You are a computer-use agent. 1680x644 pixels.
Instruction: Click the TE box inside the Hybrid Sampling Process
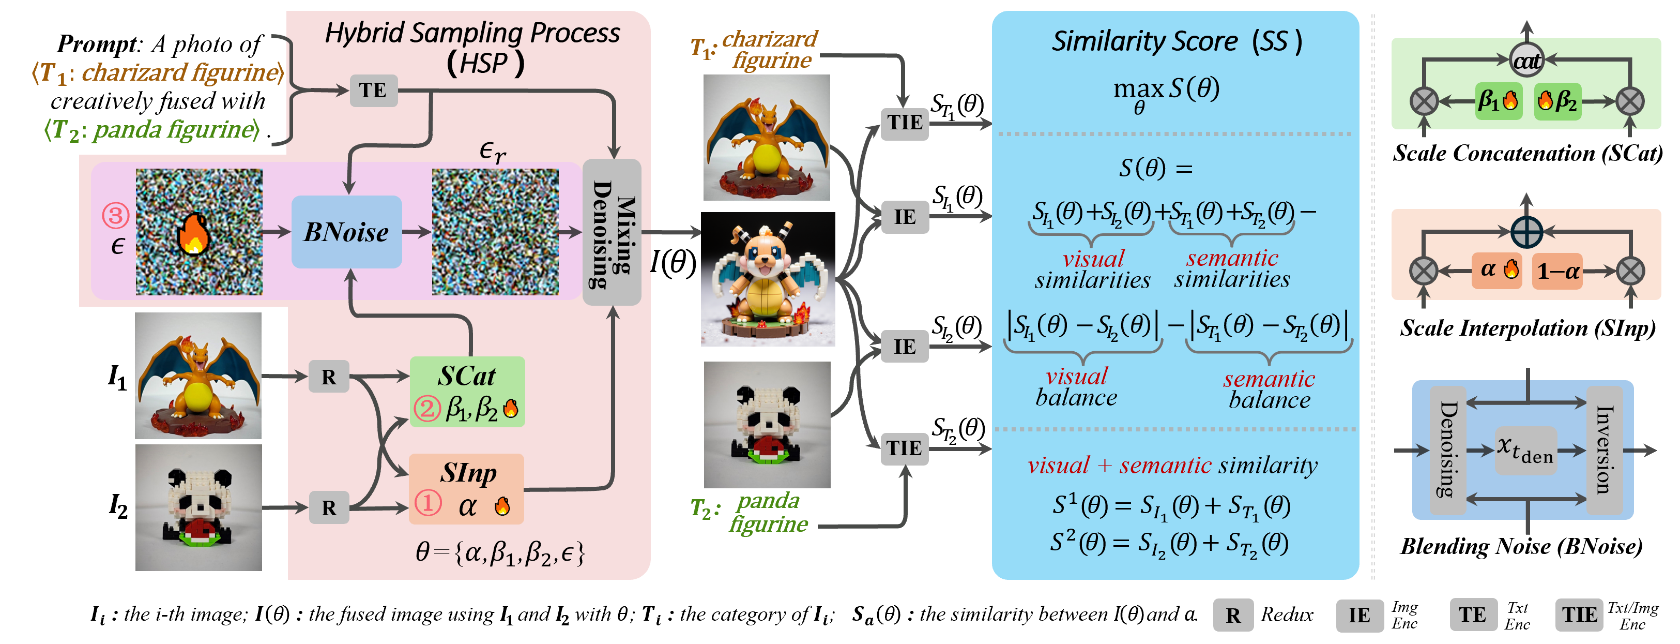click(373, 90)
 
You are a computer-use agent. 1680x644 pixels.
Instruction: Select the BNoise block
click(346, 232)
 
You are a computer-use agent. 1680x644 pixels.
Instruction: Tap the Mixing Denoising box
click(612, 232)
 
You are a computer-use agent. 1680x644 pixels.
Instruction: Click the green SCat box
click(467, 392)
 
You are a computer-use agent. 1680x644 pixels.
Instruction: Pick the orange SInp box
click(466, 489)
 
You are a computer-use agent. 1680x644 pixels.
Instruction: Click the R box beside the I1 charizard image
click(328, 377)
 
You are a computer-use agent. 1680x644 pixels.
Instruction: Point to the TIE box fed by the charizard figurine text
click(905, 123)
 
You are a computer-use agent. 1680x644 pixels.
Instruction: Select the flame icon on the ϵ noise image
click(194, 232)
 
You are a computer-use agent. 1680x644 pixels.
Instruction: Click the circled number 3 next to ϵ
click(115, 215)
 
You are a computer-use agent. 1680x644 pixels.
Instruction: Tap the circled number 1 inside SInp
click(429, 503)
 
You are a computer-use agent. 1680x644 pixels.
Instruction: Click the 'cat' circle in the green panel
click(1527, 61)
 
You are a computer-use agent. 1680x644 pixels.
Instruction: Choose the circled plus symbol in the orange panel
click(1527, 231)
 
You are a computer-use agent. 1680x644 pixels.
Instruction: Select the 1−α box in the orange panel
click(1557, 271)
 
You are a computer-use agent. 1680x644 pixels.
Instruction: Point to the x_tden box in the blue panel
click(1525, 450)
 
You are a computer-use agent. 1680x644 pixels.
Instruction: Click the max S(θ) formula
click(1166, 93)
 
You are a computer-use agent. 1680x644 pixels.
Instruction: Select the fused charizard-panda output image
click(768, 279)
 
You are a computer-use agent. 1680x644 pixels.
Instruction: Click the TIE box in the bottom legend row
click(1579, 615)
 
